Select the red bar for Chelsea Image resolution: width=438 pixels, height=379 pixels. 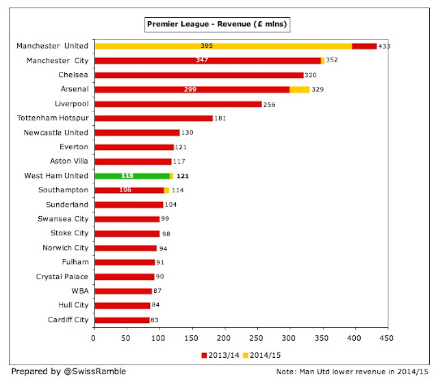click(x=198, y=75)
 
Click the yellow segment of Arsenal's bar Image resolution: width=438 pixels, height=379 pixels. click(x=299, y=89)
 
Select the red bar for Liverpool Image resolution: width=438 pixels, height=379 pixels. click(x=177, y=103)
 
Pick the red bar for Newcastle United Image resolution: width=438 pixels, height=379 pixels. click(x=136, y=132)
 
